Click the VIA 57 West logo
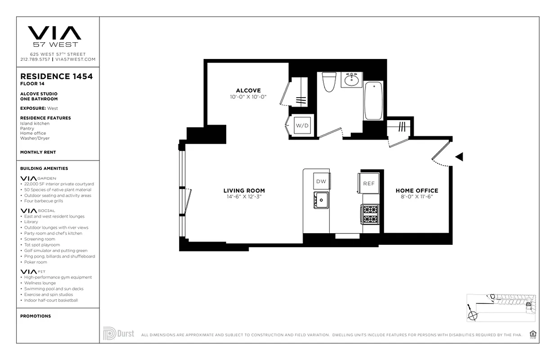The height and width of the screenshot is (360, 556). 55,36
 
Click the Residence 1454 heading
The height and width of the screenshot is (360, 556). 56,76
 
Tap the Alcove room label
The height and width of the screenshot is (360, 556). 248,90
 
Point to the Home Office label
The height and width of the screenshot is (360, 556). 417,190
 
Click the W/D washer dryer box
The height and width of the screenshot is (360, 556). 302,126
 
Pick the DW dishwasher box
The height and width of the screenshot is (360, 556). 321,181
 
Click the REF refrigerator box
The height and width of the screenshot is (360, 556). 369,183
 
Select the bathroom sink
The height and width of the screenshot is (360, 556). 352,80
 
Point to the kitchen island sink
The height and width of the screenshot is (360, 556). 321,200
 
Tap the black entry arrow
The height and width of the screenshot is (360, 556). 459,157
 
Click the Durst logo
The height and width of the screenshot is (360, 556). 119,333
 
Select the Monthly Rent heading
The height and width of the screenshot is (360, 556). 38,152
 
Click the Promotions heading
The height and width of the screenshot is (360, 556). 35,316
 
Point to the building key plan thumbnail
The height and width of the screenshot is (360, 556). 501,307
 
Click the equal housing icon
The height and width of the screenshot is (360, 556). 534,334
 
